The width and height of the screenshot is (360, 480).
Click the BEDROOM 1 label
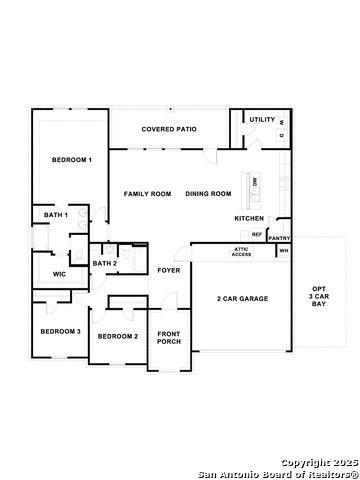[x=72, y=160]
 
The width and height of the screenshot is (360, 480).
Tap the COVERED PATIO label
[x=169, y=129]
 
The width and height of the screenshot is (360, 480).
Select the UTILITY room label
[x=262, y=119]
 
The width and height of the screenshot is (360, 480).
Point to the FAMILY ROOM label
[x=147, y=193]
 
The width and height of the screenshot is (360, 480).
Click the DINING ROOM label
[x=208, y=193]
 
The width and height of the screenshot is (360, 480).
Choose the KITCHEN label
[x=249, y=218]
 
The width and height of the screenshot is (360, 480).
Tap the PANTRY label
[x=279, y=238]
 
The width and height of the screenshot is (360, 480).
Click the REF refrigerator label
[x=257, y=234]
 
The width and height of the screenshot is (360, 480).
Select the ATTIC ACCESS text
[x=242, y=252]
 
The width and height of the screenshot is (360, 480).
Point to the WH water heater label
[x=283, y=250]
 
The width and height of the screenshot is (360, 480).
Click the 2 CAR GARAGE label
[x=242, y=298]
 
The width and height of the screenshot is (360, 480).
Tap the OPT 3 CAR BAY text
[x=318, y=295]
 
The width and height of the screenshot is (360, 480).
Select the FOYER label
[x=169, y=270]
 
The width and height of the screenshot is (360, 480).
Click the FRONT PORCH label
[x=169, y=338]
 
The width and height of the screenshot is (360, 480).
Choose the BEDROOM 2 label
[x=117, y=336]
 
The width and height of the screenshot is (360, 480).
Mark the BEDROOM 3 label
[x=60, y=331]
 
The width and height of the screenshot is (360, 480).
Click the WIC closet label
[x=59, y=273]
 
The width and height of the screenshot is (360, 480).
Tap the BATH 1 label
[x=56, y=215]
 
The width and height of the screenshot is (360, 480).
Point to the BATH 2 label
[x=105, y=263]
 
